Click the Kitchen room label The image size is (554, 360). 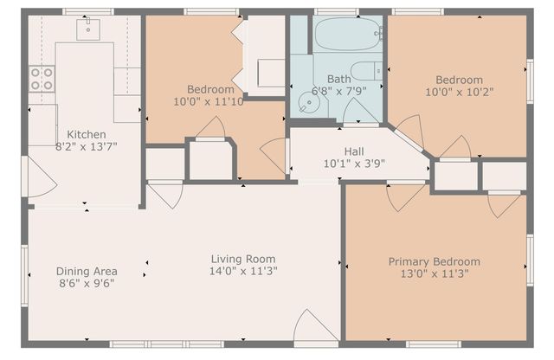[x=87, y=134]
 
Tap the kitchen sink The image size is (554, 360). [x=88, y=29]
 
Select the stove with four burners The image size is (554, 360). [x=42, y=79]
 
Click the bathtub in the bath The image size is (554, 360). [x=347, y=35]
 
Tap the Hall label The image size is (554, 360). [x=354, y=150]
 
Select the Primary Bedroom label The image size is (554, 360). [x=434, y=261]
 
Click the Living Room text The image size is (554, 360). [x=243, y=258]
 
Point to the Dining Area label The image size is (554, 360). [x=87, y=270]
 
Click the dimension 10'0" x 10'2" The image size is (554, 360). [x=457, y=90]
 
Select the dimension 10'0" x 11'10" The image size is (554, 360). [x=210, y=102]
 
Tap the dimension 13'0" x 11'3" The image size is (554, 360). [x=434, y=274]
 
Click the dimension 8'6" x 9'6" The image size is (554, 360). [x=87, y=283]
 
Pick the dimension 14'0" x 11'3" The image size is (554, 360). [x=243, y=271]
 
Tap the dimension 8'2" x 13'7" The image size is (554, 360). [x=87, y=147]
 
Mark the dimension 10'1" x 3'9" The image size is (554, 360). [x=354, y=163]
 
